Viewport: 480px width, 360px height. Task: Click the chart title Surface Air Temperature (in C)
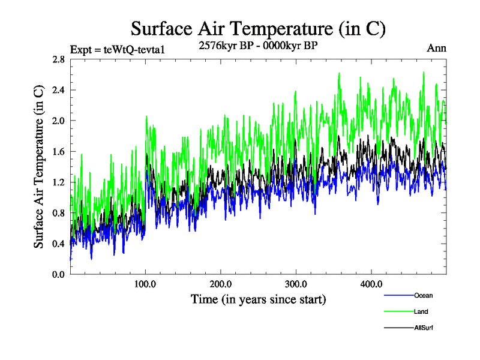258,28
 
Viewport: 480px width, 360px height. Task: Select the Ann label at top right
436,48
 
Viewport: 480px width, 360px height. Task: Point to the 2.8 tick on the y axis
59,59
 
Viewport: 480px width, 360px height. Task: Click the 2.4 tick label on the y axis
59,90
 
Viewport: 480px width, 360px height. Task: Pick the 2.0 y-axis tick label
59,121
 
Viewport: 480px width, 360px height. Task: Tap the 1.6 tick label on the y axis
59,151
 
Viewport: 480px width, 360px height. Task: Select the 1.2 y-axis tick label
59,182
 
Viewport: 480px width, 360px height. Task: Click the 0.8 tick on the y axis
59,212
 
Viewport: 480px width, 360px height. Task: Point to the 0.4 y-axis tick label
59,243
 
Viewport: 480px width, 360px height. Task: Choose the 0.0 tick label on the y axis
59,274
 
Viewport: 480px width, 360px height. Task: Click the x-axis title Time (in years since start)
258,299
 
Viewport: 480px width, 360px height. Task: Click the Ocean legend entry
423,295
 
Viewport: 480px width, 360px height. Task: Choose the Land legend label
421,312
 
